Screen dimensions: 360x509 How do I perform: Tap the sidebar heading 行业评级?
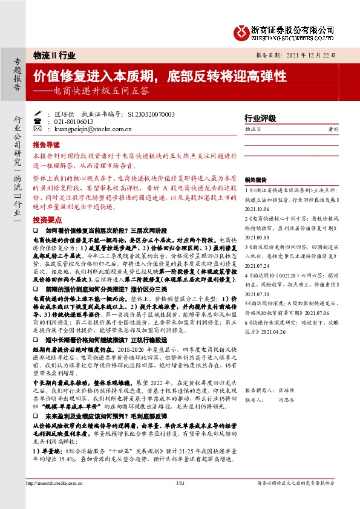(260, 118)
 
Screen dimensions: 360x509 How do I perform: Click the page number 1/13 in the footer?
(180, 500)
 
